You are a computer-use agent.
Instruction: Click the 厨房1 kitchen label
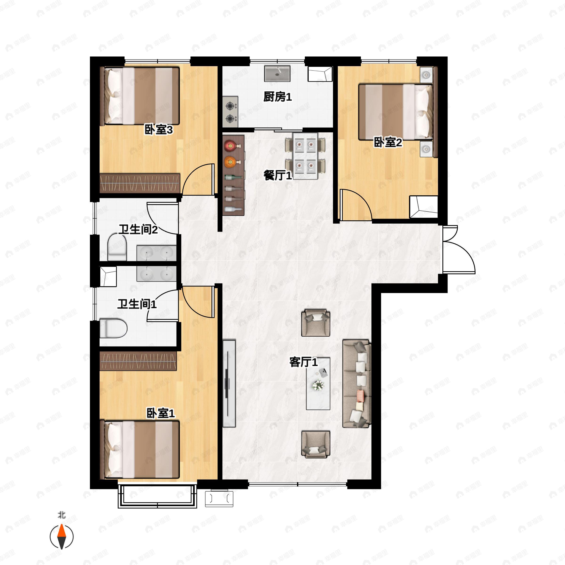(277, 97)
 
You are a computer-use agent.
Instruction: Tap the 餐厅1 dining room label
(277, 175)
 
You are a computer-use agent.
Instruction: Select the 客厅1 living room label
(303, 362)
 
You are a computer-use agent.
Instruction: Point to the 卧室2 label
(388, 142)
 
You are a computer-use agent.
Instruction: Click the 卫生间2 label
(138, 229)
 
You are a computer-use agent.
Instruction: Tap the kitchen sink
(277, 74)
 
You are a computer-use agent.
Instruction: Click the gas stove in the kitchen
(230, 112)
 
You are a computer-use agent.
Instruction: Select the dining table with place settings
(305, 156)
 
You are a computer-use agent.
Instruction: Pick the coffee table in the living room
(318, 384)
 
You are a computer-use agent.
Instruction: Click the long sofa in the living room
(356, 384)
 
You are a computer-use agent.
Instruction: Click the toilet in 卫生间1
(113, 328)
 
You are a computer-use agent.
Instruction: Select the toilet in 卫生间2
(117, 247)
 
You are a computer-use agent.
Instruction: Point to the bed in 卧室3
(140, 96)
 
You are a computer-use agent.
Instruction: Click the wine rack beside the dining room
(233, 175)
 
